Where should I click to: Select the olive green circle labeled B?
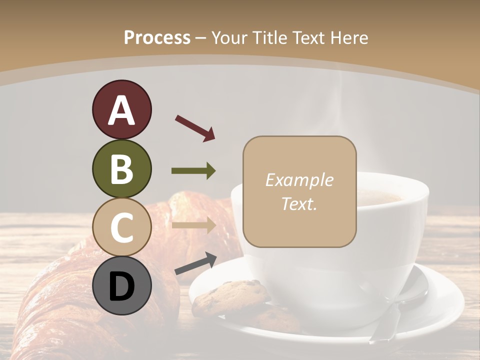121,169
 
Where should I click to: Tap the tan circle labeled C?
121,227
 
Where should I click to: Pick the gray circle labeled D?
121,285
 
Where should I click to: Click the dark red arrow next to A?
195,127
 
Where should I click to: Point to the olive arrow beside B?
193,171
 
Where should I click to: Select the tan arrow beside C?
193,225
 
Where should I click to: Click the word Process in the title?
157,37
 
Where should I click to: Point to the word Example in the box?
299,180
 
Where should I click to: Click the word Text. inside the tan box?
299,203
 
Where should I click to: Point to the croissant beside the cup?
65,295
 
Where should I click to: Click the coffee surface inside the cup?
380,197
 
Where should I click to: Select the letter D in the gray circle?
121,287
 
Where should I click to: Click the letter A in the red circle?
121,110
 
